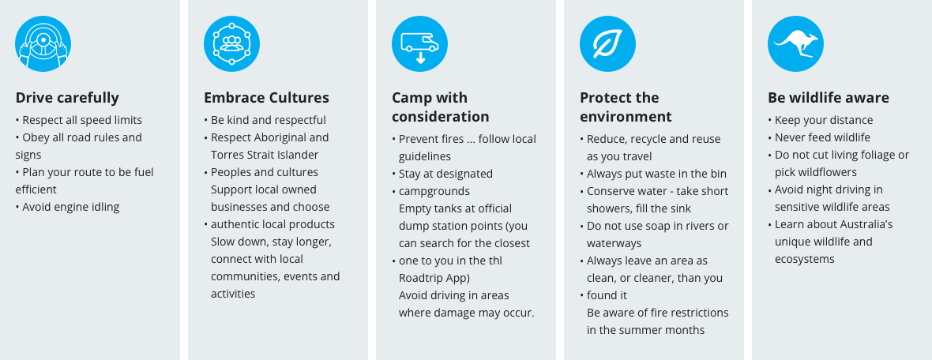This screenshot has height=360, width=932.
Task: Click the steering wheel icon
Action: (43, 44)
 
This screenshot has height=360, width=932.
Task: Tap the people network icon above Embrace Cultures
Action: (231, 44)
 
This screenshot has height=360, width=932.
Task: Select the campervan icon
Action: (419, 44)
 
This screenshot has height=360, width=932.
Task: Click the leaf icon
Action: (607, 44)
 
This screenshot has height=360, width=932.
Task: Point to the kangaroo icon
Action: (795, 44)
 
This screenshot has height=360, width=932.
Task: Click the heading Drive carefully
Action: (67, 98)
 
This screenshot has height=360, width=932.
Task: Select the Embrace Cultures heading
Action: (266, 98)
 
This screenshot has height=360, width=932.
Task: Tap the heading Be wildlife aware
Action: (829, 98)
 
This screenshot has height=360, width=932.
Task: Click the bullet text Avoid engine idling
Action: (71, 208)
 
